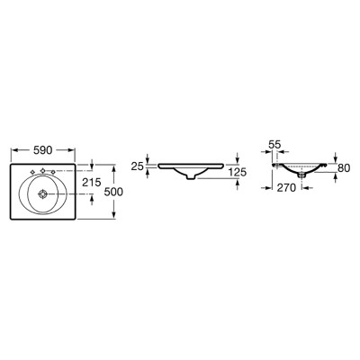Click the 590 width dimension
pyautogui.click(x=43, y=150)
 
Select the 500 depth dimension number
pyautogui.click(x=113, y=192)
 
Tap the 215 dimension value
pyautogui.click(x=92, y=182)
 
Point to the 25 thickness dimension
pyautogui.click(x=137, y=166)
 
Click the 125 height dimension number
pyautogui.click(x=238, y=172)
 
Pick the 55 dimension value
pyautogui.click(x=274, y=145)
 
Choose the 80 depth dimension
pyautogui.click(x=344, y=168)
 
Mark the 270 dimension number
pyautogui.click(x=286, y=188)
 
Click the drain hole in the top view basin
pyautogui.click(x=42, y=194)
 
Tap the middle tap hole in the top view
pyautogui.click(x=42, y=171)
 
